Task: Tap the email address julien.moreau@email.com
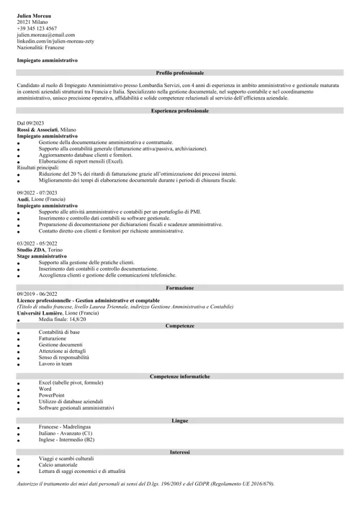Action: click(x=45, y=34)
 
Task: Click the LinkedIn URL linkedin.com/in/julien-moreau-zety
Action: click(x=55, y=40)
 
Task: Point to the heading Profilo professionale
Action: click(x=180, y=73)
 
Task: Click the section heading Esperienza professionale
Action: click(x=180, y=111)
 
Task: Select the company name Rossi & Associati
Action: click(x=37, y=130)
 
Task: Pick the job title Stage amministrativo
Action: click(x=42, y=256)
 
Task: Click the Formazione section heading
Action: click(x=180, y=288)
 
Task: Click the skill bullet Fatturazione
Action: click(x=52, y=338)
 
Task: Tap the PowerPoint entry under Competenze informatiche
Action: click(x=52, y=395)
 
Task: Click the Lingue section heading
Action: click(x=180, y=420)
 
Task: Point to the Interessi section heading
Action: click(x=180, y=451)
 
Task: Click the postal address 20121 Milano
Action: click(x=32, y=21)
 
